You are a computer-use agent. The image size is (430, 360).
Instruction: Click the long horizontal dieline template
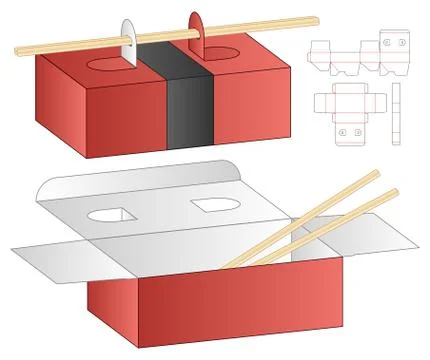355,52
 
